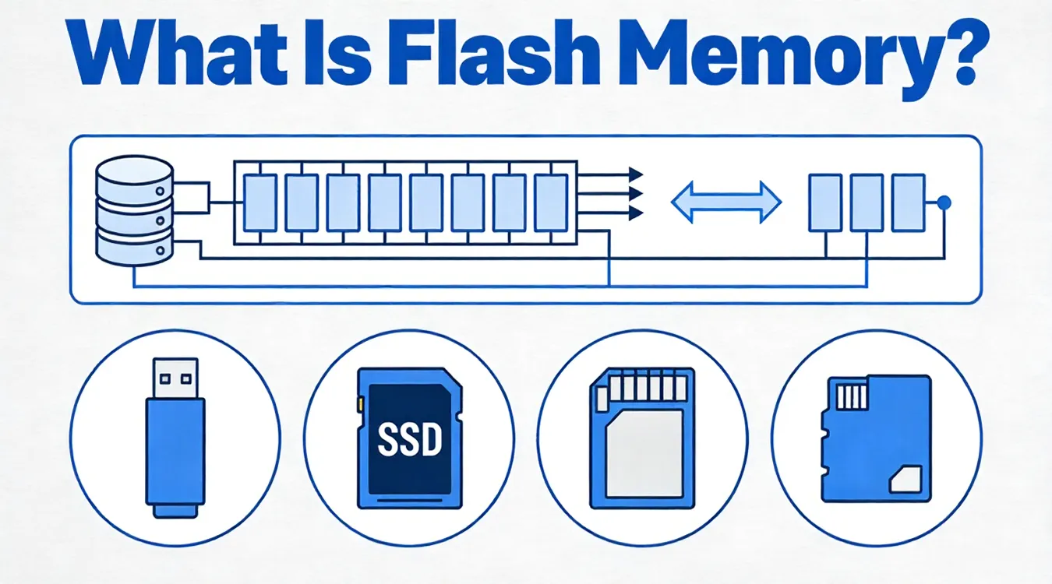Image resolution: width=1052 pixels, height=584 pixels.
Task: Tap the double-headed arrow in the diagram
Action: pos(725,202)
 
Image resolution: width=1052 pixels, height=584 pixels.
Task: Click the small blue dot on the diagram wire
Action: pos(944,203)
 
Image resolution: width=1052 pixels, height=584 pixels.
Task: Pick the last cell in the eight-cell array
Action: pos(551,203)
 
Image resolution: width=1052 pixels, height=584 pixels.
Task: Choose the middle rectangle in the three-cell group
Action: pos(866,202)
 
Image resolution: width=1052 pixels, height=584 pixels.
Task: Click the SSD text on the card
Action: pos(408,440)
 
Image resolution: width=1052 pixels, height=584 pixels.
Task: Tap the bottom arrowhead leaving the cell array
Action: pos(635,213)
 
